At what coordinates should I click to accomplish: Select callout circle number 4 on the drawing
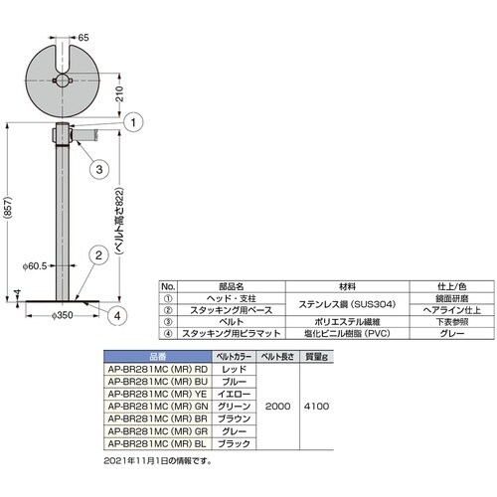[117, 316]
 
